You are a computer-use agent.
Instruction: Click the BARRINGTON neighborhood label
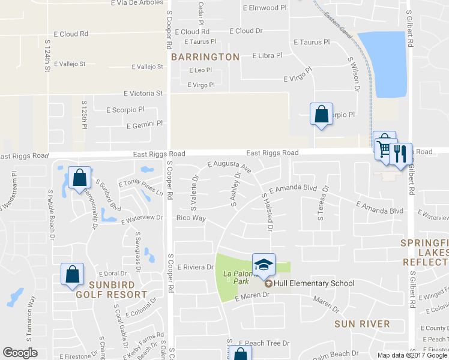coord(205,57)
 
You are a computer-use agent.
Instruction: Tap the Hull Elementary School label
coord(314,283)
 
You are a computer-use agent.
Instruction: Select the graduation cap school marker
coord(263,264)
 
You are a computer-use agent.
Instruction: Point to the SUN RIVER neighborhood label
coord(362,324)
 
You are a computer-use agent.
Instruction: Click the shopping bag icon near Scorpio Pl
coord(321,113)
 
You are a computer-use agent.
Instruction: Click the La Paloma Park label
coord(236,277)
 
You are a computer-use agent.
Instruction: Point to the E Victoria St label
coord(143,94)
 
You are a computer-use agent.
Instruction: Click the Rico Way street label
coord(191,218)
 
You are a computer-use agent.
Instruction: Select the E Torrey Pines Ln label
coord(140,188)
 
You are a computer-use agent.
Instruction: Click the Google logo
coord(21,353)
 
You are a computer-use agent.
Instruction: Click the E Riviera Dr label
coord(196,267)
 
